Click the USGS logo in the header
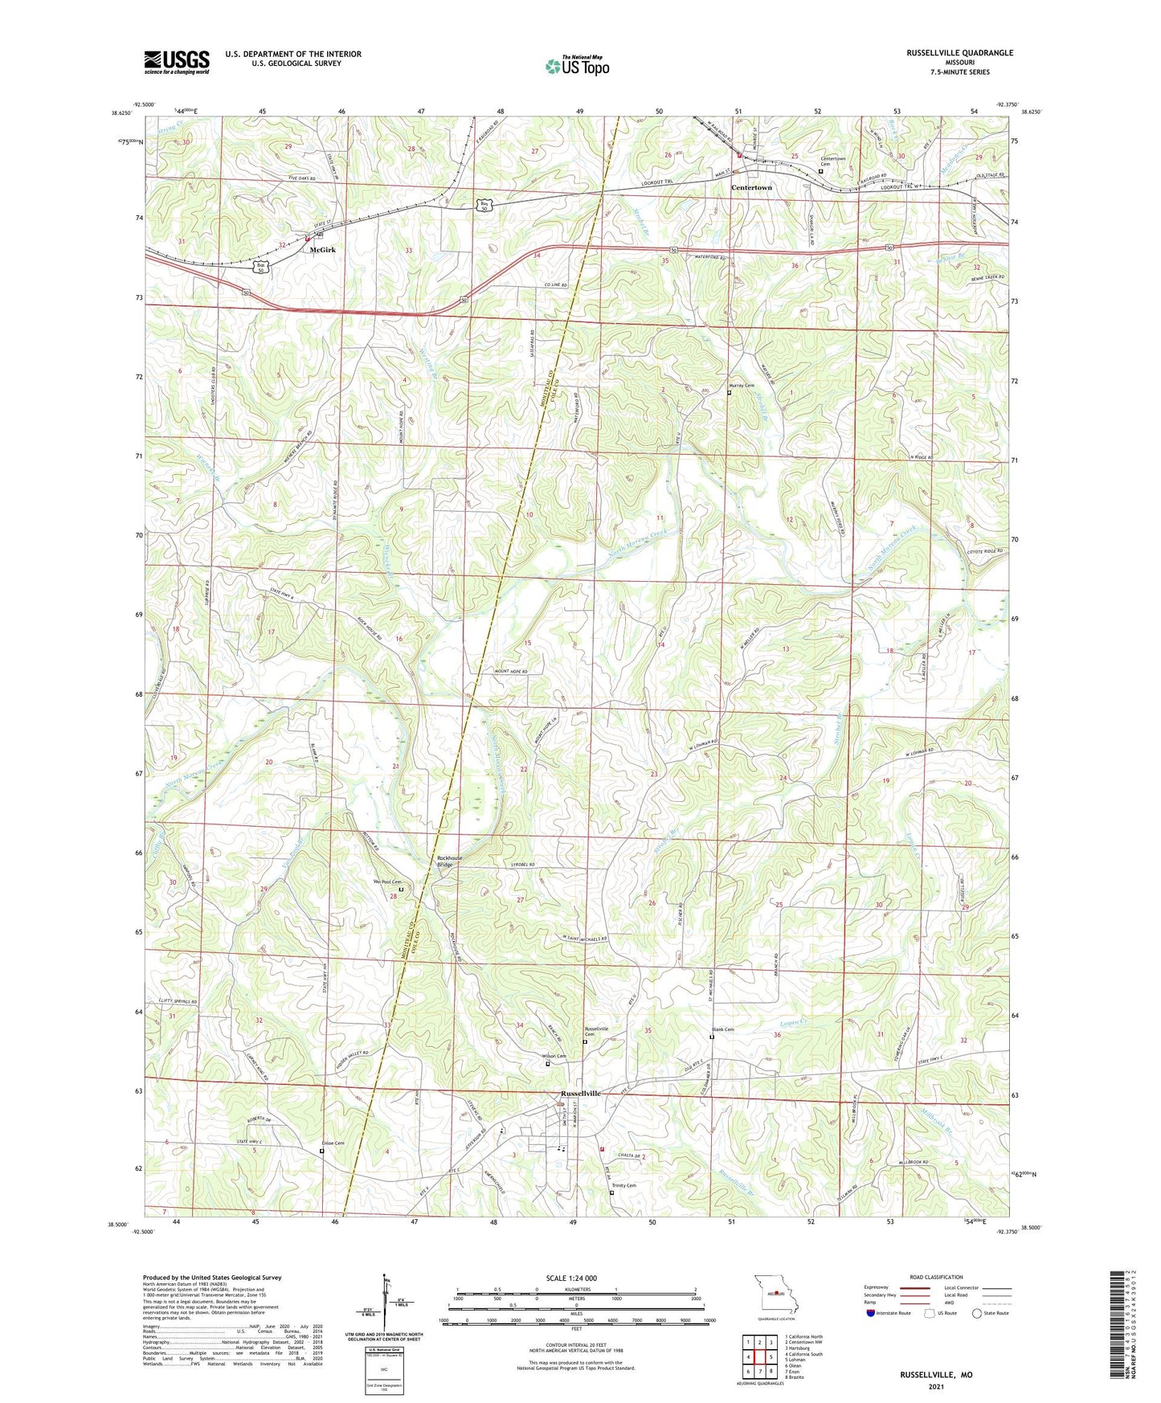click(177, 61)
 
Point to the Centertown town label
click(751, 187)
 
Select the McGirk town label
click(322, 250)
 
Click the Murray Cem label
click(742, 386)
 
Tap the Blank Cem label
click(722, 1029)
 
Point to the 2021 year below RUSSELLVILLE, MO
click(935, 1386)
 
